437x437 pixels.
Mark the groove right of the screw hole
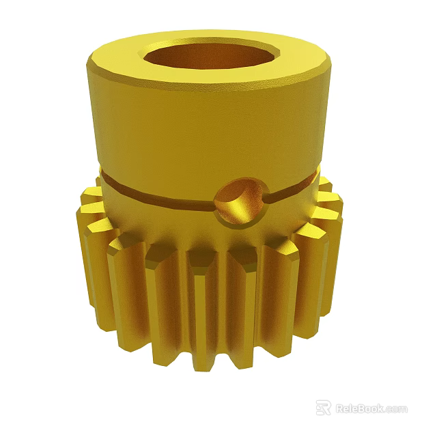[294, 190]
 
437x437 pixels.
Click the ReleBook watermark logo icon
[323, 408]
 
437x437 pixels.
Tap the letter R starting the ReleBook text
[339, 408]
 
